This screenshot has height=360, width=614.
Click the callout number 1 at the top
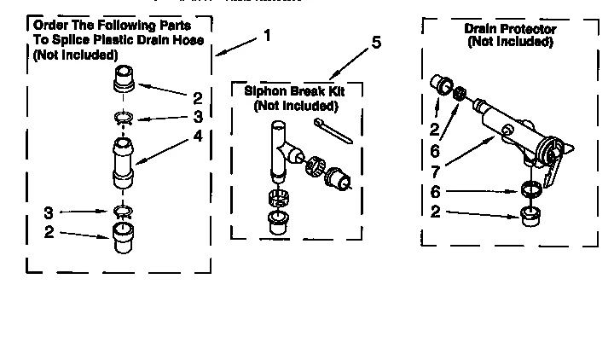point(267,36)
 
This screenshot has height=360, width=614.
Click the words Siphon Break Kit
point(295,91)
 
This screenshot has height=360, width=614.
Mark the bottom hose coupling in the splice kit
point(125,234)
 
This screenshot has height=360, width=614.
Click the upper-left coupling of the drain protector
point(443,85)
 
